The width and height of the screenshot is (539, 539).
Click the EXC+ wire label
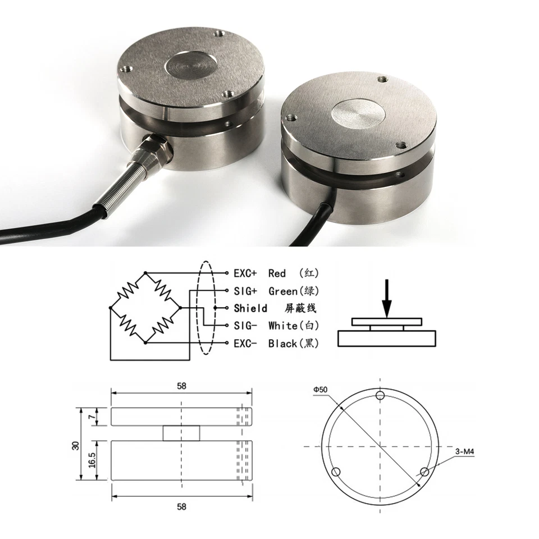point(245,273)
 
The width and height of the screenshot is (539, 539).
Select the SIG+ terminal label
point(245,291)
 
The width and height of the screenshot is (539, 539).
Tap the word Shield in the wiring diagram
point(250,308)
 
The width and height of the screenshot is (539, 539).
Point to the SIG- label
point(245,326)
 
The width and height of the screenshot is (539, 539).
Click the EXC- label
point(245,343)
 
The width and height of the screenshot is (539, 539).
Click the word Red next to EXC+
point(277,273)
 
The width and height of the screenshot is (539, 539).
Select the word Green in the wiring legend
point(282,291)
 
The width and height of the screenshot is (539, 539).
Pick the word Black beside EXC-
point(282,343)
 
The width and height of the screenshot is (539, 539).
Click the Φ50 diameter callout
point(321,389)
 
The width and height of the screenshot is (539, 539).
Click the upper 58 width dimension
point(181,386)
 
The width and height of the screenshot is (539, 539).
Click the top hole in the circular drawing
point(381,396)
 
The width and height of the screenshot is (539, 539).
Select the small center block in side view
point(181,433)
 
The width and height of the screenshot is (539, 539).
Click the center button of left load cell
point(191,66)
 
